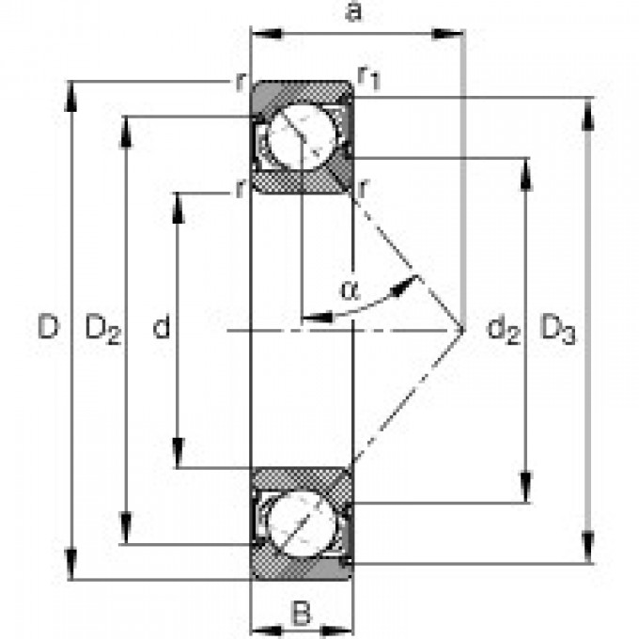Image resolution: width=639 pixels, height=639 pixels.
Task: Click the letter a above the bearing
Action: click(x=353, y=13)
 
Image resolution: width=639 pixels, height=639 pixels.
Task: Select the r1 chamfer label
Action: click(x=369, y=79)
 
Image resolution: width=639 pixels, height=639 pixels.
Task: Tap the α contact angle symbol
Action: click(x=349, y=290)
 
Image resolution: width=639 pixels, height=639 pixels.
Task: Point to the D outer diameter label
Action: click(x=47, y=328)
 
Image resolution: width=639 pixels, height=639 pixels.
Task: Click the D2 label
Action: click(x=103, y=329)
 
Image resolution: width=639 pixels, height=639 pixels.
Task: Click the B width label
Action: click(x=301, y=616)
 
